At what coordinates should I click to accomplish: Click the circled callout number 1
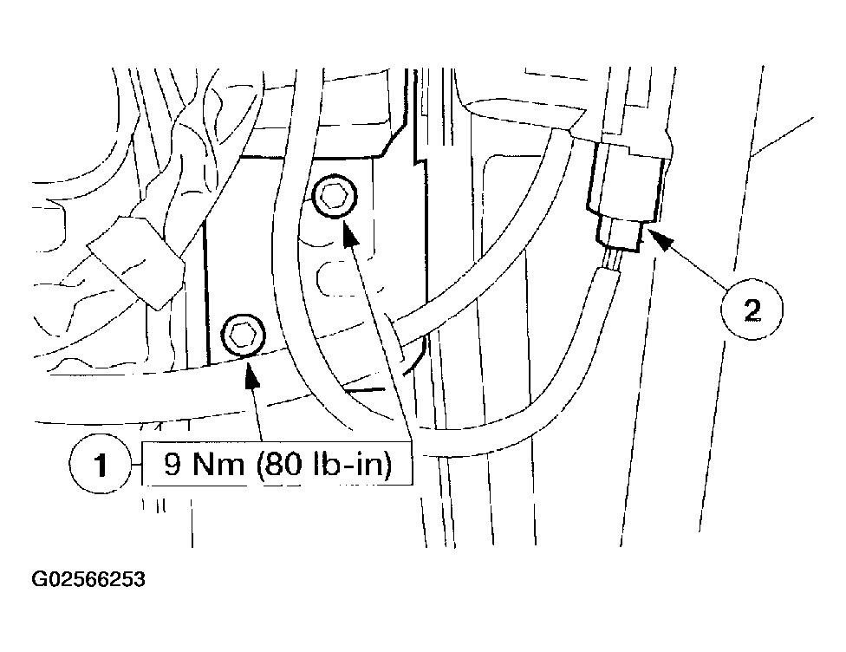[100, 464]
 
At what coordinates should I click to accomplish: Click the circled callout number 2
[752, 310]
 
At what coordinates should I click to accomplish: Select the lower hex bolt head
[244, 336]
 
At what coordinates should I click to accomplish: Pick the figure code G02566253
[88, 579]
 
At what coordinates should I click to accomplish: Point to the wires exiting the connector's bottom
[613, 260]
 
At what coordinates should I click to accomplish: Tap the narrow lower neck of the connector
[619, 232]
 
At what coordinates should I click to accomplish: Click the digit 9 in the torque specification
[172, 464]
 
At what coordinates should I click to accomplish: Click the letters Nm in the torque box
[218, 464]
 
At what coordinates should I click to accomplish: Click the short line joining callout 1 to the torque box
[136, 464]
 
